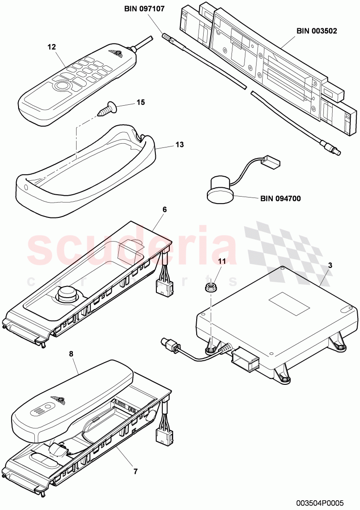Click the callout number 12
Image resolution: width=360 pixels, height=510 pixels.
pos(51,47)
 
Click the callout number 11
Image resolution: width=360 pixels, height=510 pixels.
pos(222,261)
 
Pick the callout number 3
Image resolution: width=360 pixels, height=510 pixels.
pos(330,265)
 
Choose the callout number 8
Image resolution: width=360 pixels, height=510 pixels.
pos(71,354)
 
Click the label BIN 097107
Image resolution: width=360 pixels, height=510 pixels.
pos(144,8)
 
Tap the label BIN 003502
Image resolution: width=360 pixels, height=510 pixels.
pos(317,32)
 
